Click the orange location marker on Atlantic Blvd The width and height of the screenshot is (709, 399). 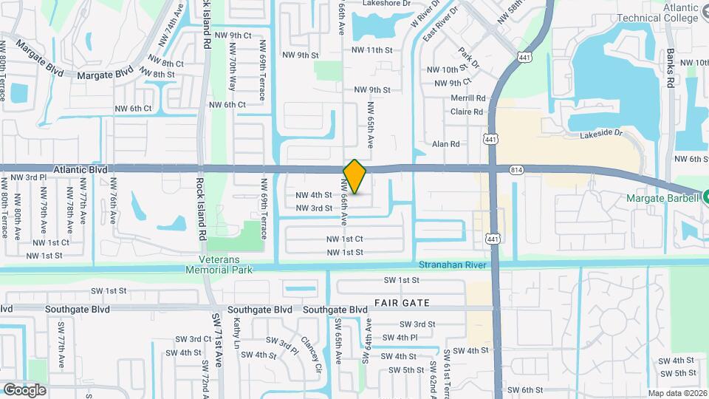coord(355,177)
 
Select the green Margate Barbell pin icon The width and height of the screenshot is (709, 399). coord(705,197)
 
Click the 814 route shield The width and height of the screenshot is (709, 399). coord(516,170)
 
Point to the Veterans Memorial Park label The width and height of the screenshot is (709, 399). coord(225,265)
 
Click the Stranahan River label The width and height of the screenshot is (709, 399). coord(450,265)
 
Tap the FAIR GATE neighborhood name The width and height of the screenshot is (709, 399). coord(402,303)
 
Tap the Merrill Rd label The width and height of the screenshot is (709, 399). coord(468,98)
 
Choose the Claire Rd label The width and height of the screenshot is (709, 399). coord(467,112)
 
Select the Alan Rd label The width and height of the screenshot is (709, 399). coord(446,144)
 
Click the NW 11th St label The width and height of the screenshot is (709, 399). coord(371,50)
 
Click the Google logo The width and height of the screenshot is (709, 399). coord(24,389)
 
